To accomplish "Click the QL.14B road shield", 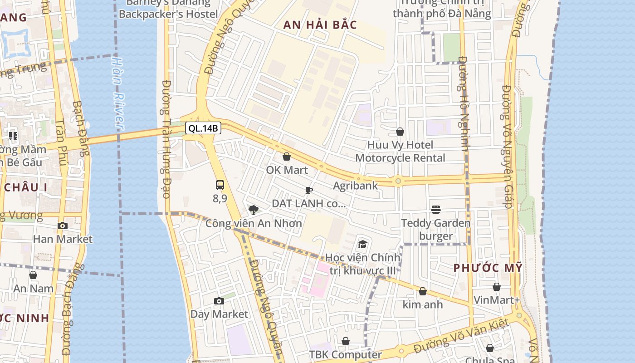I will tap(203, 128).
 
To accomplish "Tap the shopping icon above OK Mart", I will tap(287, 157).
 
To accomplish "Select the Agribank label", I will tap(355, 186).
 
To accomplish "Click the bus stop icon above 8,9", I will tap(220, 185).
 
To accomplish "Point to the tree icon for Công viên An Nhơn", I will tap(254, 209).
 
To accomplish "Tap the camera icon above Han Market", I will tap(63, 226).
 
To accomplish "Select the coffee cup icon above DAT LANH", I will tap(309, 190).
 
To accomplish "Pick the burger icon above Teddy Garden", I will tap(436, 209).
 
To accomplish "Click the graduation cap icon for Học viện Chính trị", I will tap(362, 244).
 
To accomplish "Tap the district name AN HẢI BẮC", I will tap(320, 25).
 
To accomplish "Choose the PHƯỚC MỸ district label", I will tap(488, 268).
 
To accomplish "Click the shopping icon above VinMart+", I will tap(497, 287).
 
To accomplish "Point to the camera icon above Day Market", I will tap(219, 301).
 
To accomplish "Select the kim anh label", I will tap(423, 304).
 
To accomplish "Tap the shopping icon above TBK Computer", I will tap(346, 341).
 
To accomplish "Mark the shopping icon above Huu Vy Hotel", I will tap(400, 132).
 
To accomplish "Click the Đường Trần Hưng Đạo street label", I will tap(166, 139).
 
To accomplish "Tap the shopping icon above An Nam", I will tap(33, 275).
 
